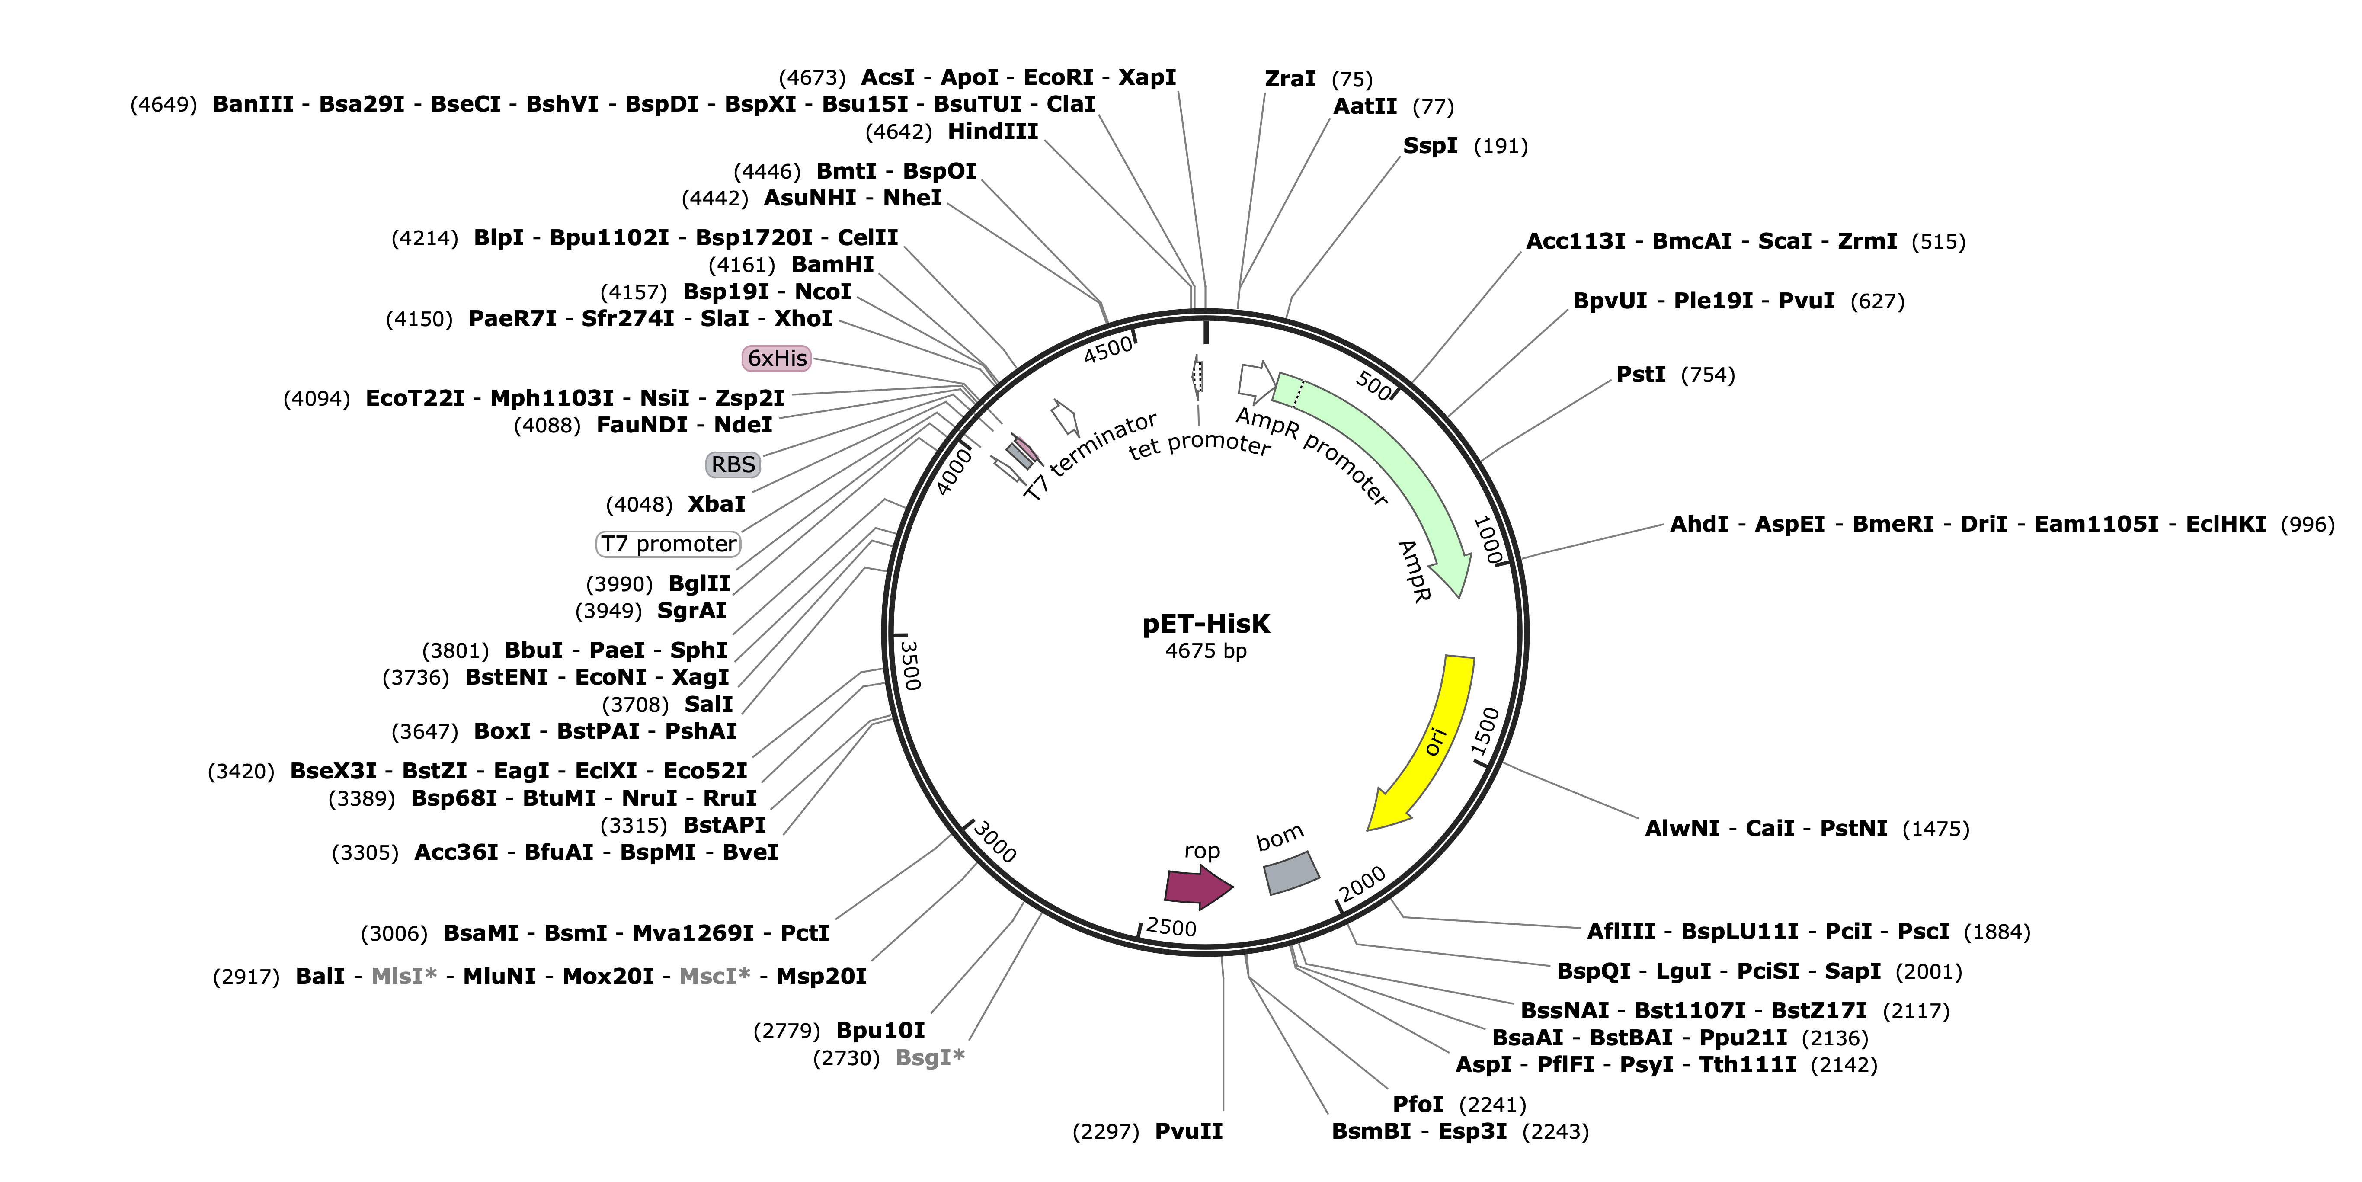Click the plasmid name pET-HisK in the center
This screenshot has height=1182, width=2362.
(1206, 625)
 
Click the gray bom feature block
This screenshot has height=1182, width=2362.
(1291, 873)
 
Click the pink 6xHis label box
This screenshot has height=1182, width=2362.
(778, 358)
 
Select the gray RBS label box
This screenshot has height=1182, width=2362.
(733, 465)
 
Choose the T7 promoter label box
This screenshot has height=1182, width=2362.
(669, 544)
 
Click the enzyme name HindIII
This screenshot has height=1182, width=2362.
(993, 131)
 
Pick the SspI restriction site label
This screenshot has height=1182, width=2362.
(1431, 146)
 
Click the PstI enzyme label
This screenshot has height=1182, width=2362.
(1640, 374)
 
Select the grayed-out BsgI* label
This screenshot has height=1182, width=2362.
(930, 1057)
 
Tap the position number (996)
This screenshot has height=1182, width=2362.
(2307, 525)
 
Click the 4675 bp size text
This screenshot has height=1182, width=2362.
(1206, 651)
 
